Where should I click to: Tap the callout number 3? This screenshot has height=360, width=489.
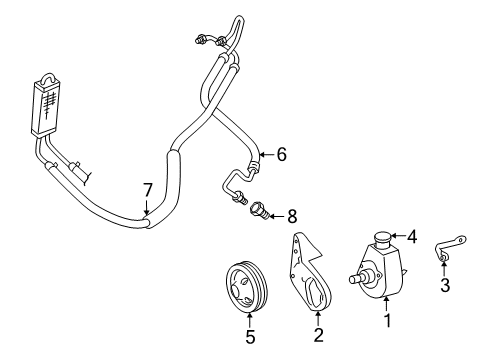tap(445, 286)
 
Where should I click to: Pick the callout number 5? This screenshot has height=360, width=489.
tap(250, 337)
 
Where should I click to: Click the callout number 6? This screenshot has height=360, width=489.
tap(281, 154)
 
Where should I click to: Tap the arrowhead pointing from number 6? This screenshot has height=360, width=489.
tap(260, 154)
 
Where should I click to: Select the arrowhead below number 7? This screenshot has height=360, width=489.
tap(146, 210)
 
